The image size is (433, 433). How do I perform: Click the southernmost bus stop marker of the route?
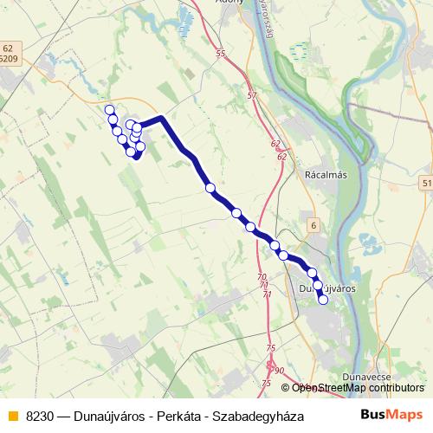(x=323, y=301)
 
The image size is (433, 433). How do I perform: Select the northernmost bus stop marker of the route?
(x=110, y=109)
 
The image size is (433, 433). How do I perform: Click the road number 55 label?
(x=221, y=54)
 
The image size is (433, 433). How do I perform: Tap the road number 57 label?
(x=252, y=94)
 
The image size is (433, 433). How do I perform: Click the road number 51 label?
(x=426, y=184)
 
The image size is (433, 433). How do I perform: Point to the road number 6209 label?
(x=10, y=59)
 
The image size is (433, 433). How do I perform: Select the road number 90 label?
(x=279, y=370)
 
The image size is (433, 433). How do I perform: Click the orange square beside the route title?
(x=11, y=416)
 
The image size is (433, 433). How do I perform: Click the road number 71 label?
(x=266, y=294)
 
